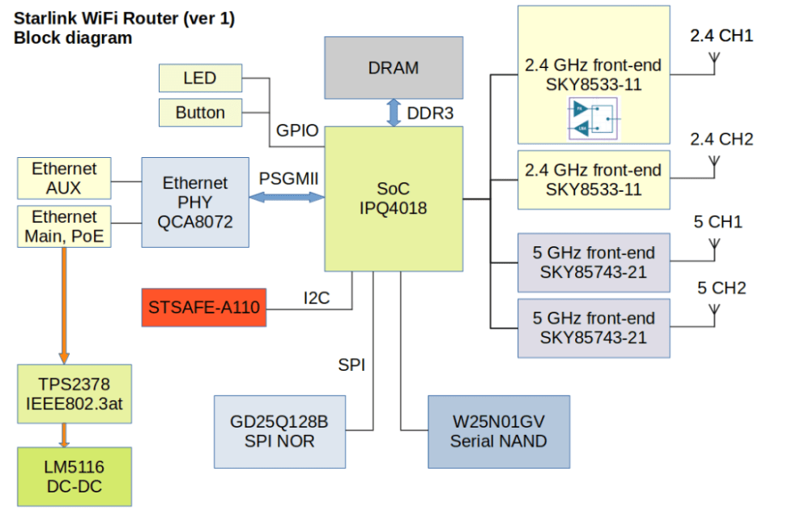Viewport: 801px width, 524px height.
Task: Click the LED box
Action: click(200, 79)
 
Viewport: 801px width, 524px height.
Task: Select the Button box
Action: click(200, 113)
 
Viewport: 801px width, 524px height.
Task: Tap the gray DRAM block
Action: click(394, 68)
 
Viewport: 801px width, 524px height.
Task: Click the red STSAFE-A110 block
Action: click(203, 308)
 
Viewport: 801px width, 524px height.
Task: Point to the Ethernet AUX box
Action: click(64, 179)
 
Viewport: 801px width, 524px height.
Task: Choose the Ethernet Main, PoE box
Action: click(64, 227)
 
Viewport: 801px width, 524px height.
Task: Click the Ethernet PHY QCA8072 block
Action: click(194, 202)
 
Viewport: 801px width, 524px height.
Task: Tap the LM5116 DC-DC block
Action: click(74, 477)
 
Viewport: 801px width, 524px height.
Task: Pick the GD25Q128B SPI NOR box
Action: click(279, 432)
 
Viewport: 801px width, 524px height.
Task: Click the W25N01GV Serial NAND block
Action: click(498, 432)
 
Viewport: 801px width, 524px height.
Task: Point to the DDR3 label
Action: click(430, 113)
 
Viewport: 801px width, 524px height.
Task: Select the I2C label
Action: click(317, 298)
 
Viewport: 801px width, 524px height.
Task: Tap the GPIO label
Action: click(297, 132)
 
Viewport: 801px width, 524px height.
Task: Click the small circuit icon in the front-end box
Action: click(593, 118)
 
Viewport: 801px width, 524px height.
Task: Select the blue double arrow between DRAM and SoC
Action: click(394, 112)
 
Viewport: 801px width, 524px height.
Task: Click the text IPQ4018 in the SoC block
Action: click(394, 209)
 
